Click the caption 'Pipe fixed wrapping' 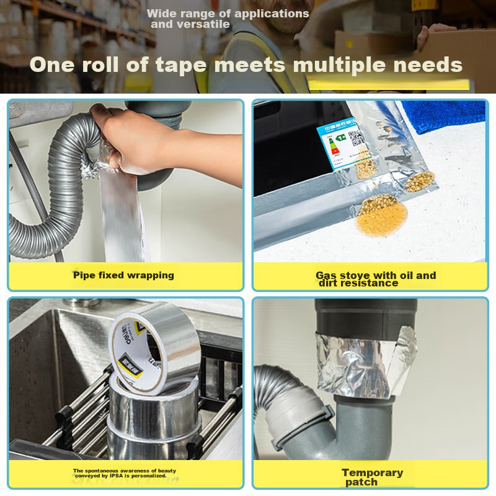(123, 275)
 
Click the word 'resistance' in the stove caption (372, 283)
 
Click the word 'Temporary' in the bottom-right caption (372, 473)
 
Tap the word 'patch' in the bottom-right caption (361, 482)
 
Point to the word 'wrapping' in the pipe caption (151, 275)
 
